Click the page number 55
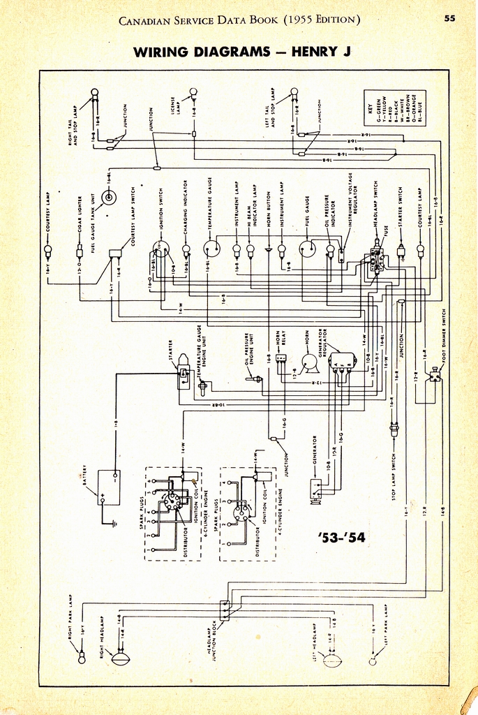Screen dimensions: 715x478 (449, 18)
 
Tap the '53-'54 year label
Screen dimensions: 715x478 (341, 537)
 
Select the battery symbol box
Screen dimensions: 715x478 (109, 487)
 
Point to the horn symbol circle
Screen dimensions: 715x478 (308, 362)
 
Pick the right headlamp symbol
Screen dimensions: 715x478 (120, 657)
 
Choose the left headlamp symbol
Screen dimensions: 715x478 (334, 659)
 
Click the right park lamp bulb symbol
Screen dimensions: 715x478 (82, 658)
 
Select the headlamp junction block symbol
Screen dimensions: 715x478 (225, 610)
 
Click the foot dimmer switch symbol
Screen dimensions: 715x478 (435, 375)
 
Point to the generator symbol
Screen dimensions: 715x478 (316, 491)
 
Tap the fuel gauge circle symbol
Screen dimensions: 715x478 (307, 249)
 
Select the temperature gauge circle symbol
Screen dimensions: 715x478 (211, 248)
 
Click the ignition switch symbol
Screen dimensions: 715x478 (161, 249)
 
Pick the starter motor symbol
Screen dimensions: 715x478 (184, 371)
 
